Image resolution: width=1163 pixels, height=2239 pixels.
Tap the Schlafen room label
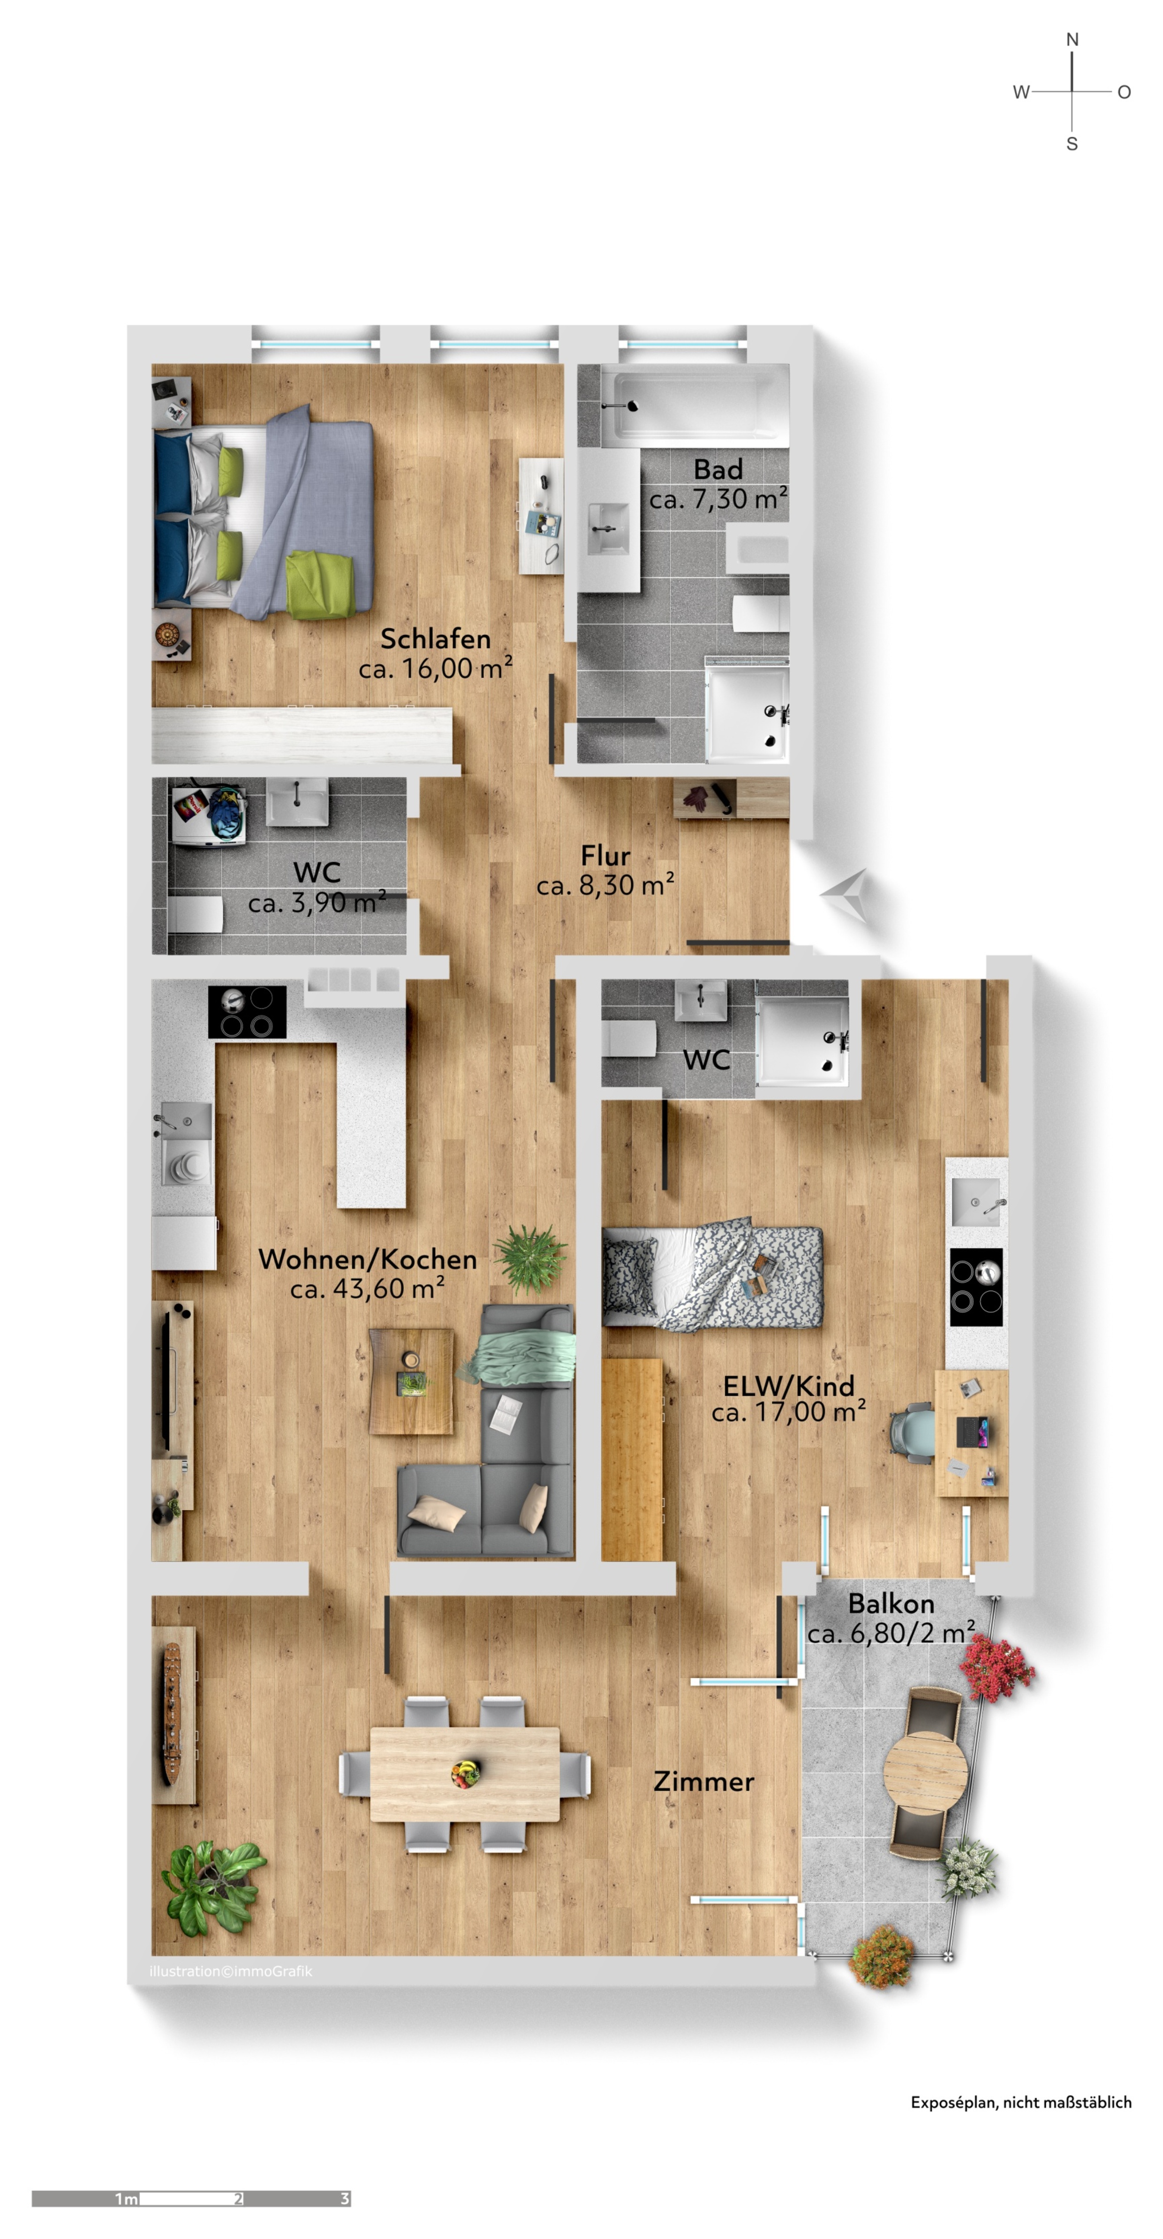(436, 639)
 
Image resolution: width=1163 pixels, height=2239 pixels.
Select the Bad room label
(718, 469)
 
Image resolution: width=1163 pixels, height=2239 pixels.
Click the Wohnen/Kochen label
(368, 1259)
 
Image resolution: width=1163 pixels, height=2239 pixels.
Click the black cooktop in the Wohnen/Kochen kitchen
(247, 1012)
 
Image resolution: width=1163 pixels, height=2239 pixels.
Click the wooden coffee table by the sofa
(411, 1381)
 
